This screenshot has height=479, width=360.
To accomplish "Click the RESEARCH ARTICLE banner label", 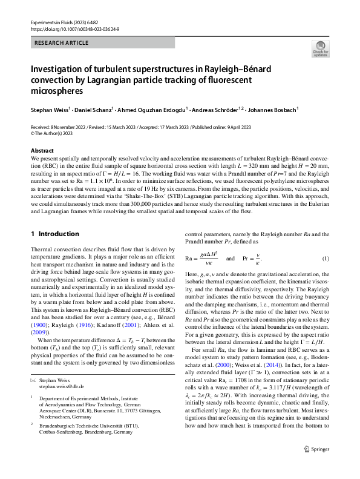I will point(61,44).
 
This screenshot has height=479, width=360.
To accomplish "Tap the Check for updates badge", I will point(319,48).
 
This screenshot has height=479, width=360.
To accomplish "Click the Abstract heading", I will point(42,150).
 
